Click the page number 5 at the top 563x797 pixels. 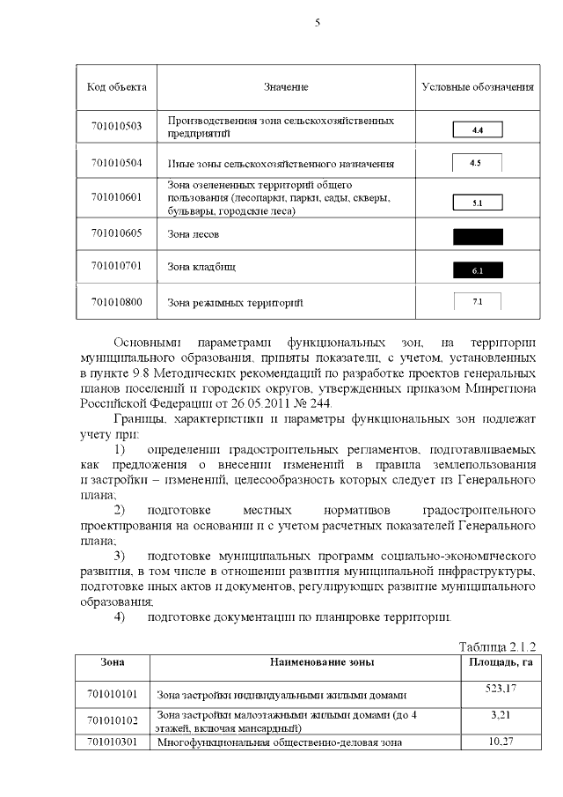(317, 24)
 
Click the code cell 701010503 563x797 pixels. (116, 127)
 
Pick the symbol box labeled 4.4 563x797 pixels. (477, 130)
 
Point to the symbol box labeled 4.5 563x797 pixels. (476, 163)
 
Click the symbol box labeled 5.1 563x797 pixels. (477, 203)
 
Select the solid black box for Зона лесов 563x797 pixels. (477, 236)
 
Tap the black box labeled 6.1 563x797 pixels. (477, 270)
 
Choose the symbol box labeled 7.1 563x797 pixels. (476, 302)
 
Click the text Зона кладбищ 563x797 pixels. (201, 266)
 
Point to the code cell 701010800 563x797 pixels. (116, 302)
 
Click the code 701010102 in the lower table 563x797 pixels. (113, 720)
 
